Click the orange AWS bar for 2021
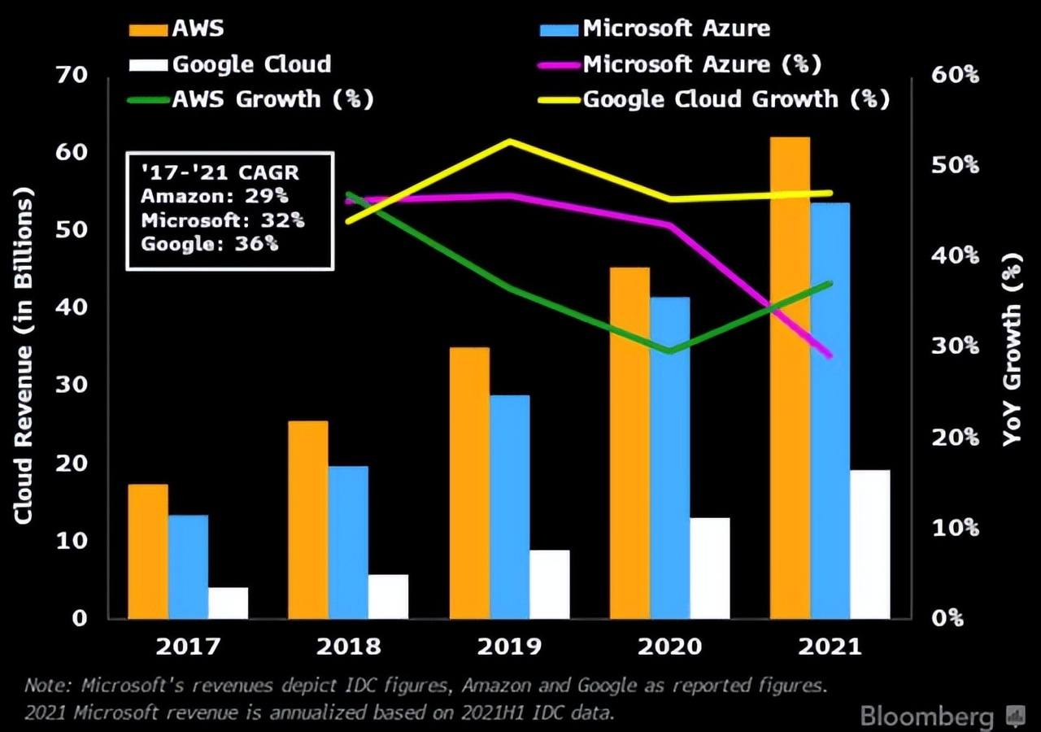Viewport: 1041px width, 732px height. pyautogui.click(x=790, y=377)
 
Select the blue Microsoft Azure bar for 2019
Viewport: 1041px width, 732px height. pyautogui.click(x=509, y=507)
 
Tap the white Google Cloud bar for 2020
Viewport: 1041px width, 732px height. pyautogui.click(x=710, y=568)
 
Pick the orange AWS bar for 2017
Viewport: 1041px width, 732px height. pyautogui.click(x=148, y=551)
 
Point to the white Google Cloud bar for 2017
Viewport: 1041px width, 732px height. pyautogui.click(x=228, y=602)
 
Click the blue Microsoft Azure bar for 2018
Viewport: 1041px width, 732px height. pyautogui.click(x=348, y=542)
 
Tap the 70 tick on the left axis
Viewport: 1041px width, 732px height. pyautogui.click(x=71, y=76)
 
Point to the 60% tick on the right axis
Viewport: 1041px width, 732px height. pyautogui.click(x=955, y=76)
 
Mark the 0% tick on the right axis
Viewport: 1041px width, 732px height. pyautogui.click(x=947, y=618)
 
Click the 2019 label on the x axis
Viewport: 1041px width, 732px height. pyautogui.click(x=509, y=647)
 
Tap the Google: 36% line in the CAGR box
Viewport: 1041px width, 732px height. pyautogui.click(x=209, y=243)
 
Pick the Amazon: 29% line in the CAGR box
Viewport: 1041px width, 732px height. pyautogui.click(x=214, y=196)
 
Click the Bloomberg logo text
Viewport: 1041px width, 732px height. pyautogui.click(x=926, y=717)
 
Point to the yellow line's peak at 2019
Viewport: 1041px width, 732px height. pyautogui.click(x=509, y=142)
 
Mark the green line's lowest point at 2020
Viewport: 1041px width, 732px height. pyautogui.click(x=670, y=351)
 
